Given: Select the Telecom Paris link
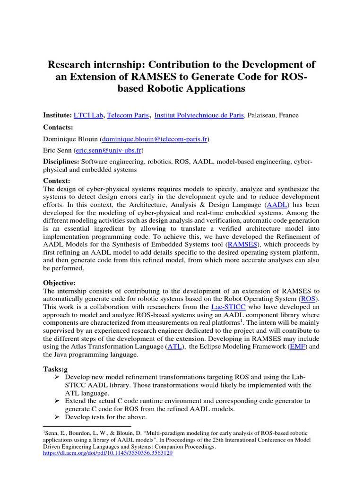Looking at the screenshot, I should click(x=128, y=115).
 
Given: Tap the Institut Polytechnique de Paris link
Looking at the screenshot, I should click(x=199, y=115).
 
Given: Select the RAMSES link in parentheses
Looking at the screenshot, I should click(x=242, y=244).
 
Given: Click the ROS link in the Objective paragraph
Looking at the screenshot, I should click(x=308, y=299).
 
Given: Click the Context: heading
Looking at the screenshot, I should click(x=57, y=181).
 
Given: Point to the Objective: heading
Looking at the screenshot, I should click(x=60, y=283).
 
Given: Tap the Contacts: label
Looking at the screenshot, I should click(x=58, y=127).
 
